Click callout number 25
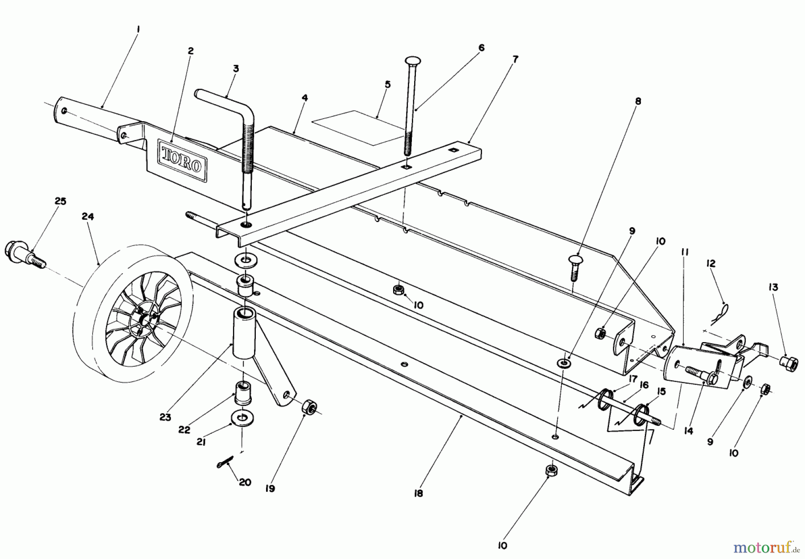60,202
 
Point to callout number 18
419,493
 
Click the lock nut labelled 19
308,408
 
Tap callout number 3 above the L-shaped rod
236,68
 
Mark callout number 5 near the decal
387,84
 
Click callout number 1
138,29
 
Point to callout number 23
165,417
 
